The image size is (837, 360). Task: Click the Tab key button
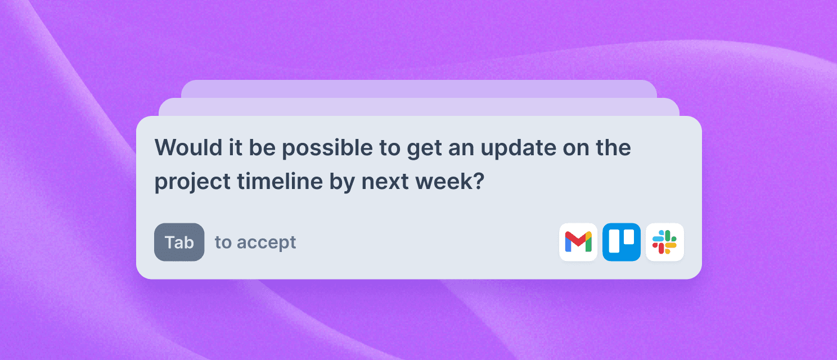pos(179,242)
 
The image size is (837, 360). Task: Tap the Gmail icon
pos(578,242)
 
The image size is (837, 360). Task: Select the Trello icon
pos(622,242)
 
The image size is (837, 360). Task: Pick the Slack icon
pos(665,242)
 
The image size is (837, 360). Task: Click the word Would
pos(188,147)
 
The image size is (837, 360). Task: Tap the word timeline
pos(280,181)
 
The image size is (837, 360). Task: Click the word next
pos(385,182)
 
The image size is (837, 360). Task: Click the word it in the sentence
pos(235,147)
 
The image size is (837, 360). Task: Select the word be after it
pos(262,147)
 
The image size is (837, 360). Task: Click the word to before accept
pos(223,242)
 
